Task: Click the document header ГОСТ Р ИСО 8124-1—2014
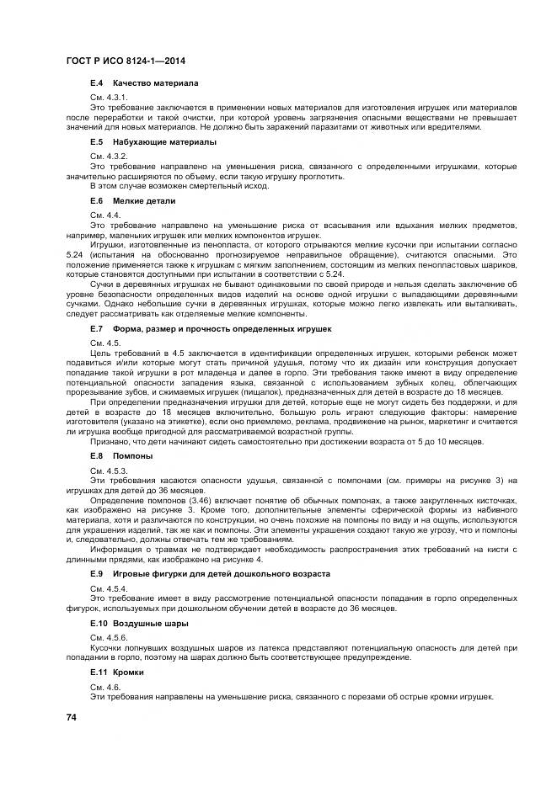[x=126, y=61]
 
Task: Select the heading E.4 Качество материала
[x=143, y=84]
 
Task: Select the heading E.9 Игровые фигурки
[x=210, y=573]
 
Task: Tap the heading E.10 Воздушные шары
[x=139, y=624]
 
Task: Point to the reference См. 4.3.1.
[x=109, y=98]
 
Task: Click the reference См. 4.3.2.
[x=109, y=157]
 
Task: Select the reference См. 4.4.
[x=104, y=215]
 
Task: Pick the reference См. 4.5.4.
[x=109, y=588]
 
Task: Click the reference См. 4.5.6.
[x=109, y=637]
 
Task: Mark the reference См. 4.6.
[x=104, y=688]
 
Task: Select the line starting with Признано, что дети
[x=287, y=441]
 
